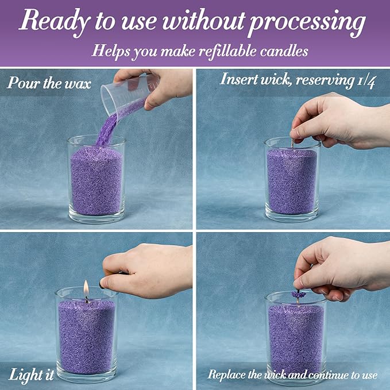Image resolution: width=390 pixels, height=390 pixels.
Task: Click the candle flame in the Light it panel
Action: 86,288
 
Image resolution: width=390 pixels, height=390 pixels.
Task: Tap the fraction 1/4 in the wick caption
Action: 365,80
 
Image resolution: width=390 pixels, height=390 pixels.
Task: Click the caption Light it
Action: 32,374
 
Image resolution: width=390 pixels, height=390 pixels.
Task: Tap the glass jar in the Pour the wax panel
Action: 96,178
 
